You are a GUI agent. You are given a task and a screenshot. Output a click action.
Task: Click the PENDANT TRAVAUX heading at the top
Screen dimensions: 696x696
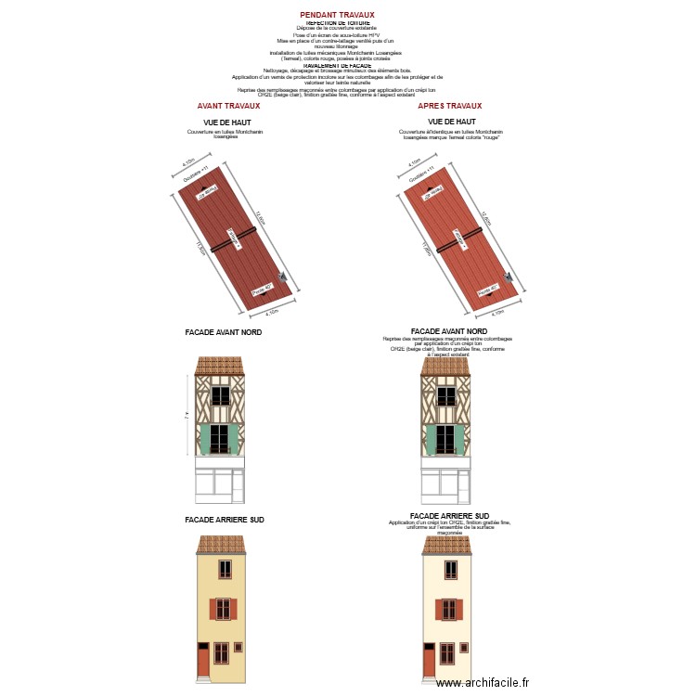click(x=337, y=15)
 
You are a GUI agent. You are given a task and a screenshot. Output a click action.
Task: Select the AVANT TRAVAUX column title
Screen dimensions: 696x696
click(x=228, y=106)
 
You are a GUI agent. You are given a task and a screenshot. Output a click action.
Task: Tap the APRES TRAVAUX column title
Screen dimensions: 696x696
click(x=450, y=106)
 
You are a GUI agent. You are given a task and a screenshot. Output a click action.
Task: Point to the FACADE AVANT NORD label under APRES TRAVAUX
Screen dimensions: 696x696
click(x=448, y=331)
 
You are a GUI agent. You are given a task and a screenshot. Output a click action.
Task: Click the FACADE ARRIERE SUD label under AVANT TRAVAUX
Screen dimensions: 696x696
click(x=225, y=521)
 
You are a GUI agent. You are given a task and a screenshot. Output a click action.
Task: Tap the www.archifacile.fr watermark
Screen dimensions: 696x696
click(x=482, y=682)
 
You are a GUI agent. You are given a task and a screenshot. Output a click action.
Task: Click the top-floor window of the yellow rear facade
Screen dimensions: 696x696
click(x=225, y=569)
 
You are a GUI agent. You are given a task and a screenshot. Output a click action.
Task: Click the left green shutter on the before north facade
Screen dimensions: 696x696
click(x=206, y=439)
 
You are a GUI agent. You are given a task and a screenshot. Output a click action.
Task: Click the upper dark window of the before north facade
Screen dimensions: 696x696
click(x=221, y=395)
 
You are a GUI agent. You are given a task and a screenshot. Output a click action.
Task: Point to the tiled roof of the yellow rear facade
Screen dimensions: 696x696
click(x=221, y=545)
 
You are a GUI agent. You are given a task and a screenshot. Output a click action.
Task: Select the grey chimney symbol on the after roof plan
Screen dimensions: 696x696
click(x=509, y=277)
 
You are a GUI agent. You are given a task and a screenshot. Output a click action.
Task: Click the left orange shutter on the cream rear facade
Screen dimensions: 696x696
click(x=439, y=609)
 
